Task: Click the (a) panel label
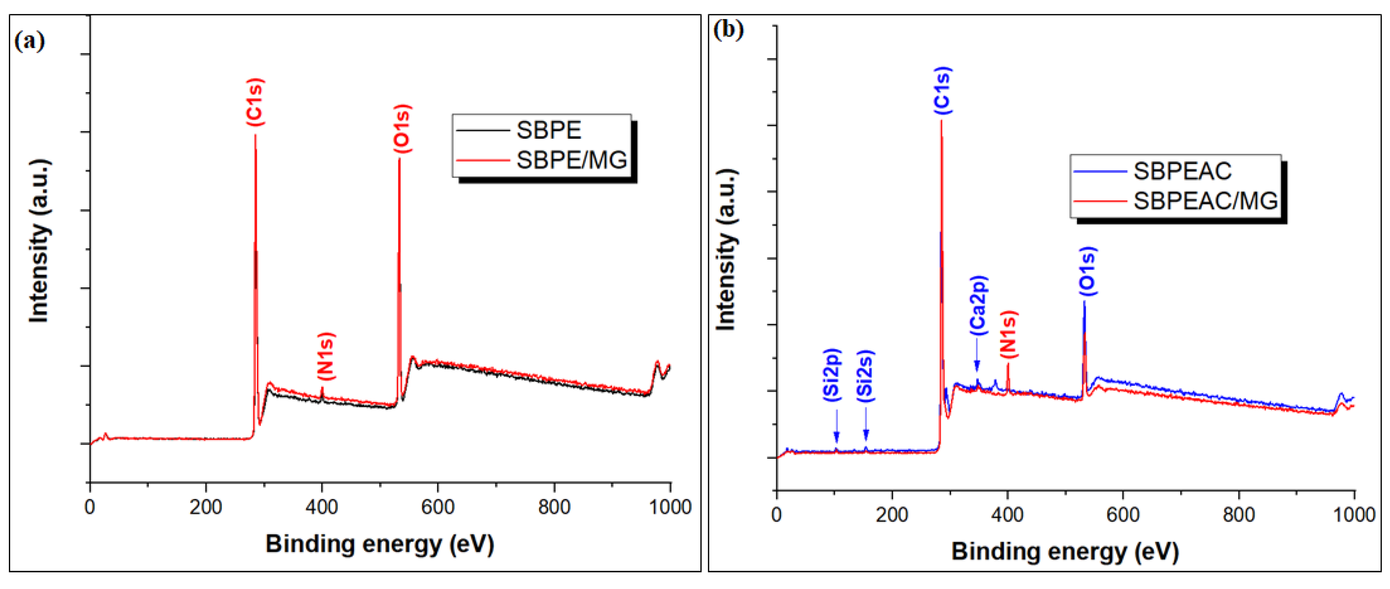[30, 41]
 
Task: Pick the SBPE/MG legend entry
[571, 160]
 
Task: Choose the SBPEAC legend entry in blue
[1182, 171]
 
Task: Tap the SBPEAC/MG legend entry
[1205, 201]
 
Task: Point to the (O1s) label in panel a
[402, 128]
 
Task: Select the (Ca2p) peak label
[978, 305]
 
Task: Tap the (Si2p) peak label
[832, 375]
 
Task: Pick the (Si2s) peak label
[866, 376]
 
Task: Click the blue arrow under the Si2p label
[836, 427]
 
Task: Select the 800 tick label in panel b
[1238, 514]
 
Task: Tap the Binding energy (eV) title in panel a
[379, 543]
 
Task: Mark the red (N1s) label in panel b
[1008, 334]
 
